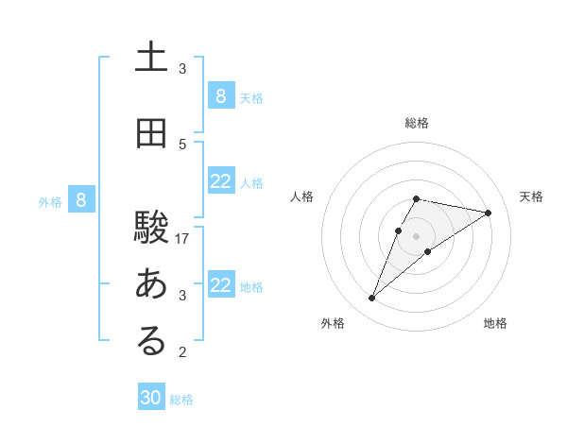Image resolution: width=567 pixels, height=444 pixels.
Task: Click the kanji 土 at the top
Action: [151, 58]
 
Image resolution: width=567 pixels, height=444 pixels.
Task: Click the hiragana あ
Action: [151, 284]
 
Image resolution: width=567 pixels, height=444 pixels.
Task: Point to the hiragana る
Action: [151, 341]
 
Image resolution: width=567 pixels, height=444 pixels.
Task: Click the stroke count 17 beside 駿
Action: [182, 239]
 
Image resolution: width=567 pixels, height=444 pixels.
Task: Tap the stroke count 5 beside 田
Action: [182, 145]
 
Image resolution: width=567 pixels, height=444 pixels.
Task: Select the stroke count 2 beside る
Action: [182, 352]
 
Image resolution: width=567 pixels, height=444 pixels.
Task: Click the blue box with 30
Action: [151, 398]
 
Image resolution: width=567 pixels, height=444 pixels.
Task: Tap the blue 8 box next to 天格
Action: [220, 96]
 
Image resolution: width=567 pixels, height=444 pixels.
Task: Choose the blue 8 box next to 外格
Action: [81, 200]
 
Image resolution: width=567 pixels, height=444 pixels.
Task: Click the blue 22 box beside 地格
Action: [220, 285]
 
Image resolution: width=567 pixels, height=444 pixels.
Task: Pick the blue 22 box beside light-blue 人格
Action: [220, 181]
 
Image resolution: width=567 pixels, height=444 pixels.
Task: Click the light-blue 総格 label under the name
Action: [181, 400]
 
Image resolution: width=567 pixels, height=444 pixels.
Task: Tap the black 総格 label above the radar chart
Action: [417, 123]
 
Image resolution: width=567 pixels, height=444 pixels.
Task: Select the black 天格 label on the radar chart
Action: [532, 196]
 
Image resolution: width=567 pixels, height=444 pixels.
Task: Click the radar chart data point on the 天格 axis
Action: [488, 213]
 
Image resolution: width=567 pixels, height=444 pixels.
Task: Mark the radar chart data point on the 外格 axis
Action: [371, 299]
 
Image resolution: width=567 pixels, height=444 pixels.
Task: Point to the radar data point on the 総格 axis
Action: [417, 198]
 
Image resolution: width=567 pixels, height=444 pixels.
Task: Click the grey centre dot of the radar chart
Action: [417, 235]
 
